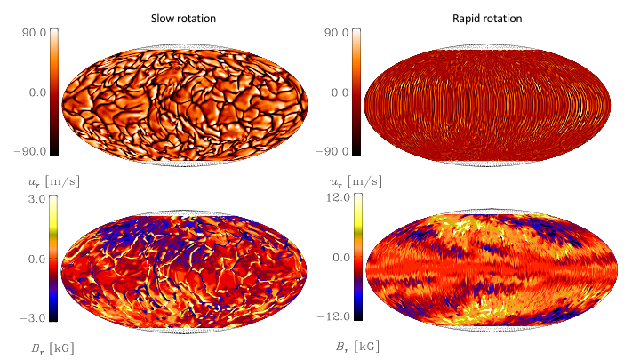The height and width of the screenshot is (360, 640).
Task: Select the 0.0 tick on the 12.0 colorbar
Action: pyautogui.click(x=336, y=259)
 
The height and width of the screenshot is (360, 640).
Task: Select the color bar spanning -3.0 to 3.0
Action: pyautogui.click(x=54, y=258)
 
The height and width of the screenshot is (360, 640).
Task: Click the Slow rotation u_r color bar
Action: pyautogui.click(x=54, y=92)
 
